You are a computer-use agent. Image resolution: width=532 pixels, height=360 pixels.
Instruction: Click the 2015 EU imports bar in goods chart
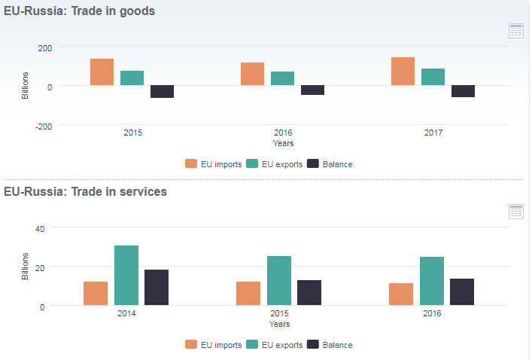tap(102, 72)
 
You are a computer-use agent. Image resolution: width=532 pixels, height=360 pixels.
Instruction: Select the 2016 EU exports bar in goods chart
tap(282, 78)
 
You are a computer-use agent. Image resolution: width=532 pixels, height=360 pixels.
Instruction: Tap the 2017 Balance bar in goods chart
tap(463, 91)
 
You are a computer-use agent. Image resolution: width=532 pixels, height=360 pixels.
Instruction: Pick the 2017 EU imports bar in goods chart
tap(403, 72)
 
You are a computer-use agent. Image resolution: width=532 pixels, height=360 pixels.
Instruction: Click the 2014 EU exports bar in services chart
tap(126, 276)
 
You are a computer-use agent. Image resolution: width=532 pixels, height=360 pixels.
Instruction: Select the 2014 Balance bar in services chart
tap(157, 288)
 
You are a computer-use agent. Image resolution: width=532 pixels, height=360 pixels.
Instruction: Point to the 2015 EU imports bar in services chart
tap(248, 294)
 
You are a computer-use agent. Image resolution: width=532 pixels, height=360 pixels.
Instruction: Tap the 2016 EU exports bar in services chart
tap(432, 281)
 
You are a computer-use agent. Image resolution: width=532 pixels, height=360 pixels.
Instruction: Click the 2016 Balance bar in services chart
tap(462, 292)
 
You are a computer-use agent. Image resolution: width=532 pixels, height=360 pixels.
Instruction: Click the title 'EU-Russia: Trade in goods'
tap(79, 11)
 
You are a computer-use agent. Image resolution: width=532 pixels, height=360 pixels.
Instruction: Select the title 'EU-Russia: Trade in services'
tap(85, 191)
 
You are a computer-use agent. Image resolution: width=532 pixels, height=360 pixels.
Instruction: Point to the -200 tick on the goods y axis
tap(44, 126)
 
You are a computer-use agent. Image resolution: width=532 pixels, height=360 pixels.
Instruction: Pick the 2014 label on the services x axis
tap(126, 313)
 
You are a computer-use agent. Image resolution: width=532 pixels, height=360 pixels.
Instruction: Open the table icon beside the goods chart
tap(516, 31)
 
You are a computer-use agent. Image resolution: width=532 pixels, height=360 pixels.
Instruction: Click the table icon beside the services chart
tap(516, 212)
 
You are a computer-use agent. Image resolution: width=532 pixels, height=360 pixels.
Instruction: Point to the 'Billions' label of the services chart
tap(25, 267)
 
